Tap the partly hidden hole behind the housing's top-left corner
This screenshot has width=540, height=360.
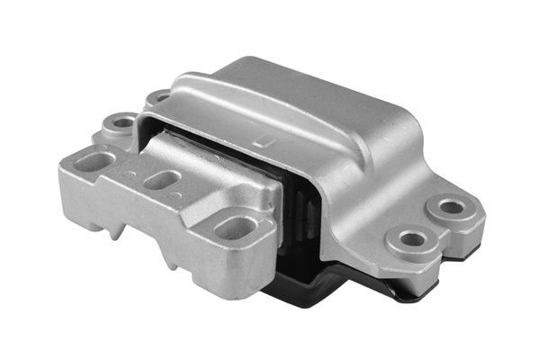coord(160,95)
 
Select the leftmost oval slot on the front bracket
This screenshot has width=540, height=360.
coord(94,161)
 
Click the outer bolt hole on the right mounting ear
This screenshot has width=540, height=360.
coord(450,207)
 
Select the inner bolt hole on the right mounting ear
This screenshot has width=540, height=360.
coord(412,239)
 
